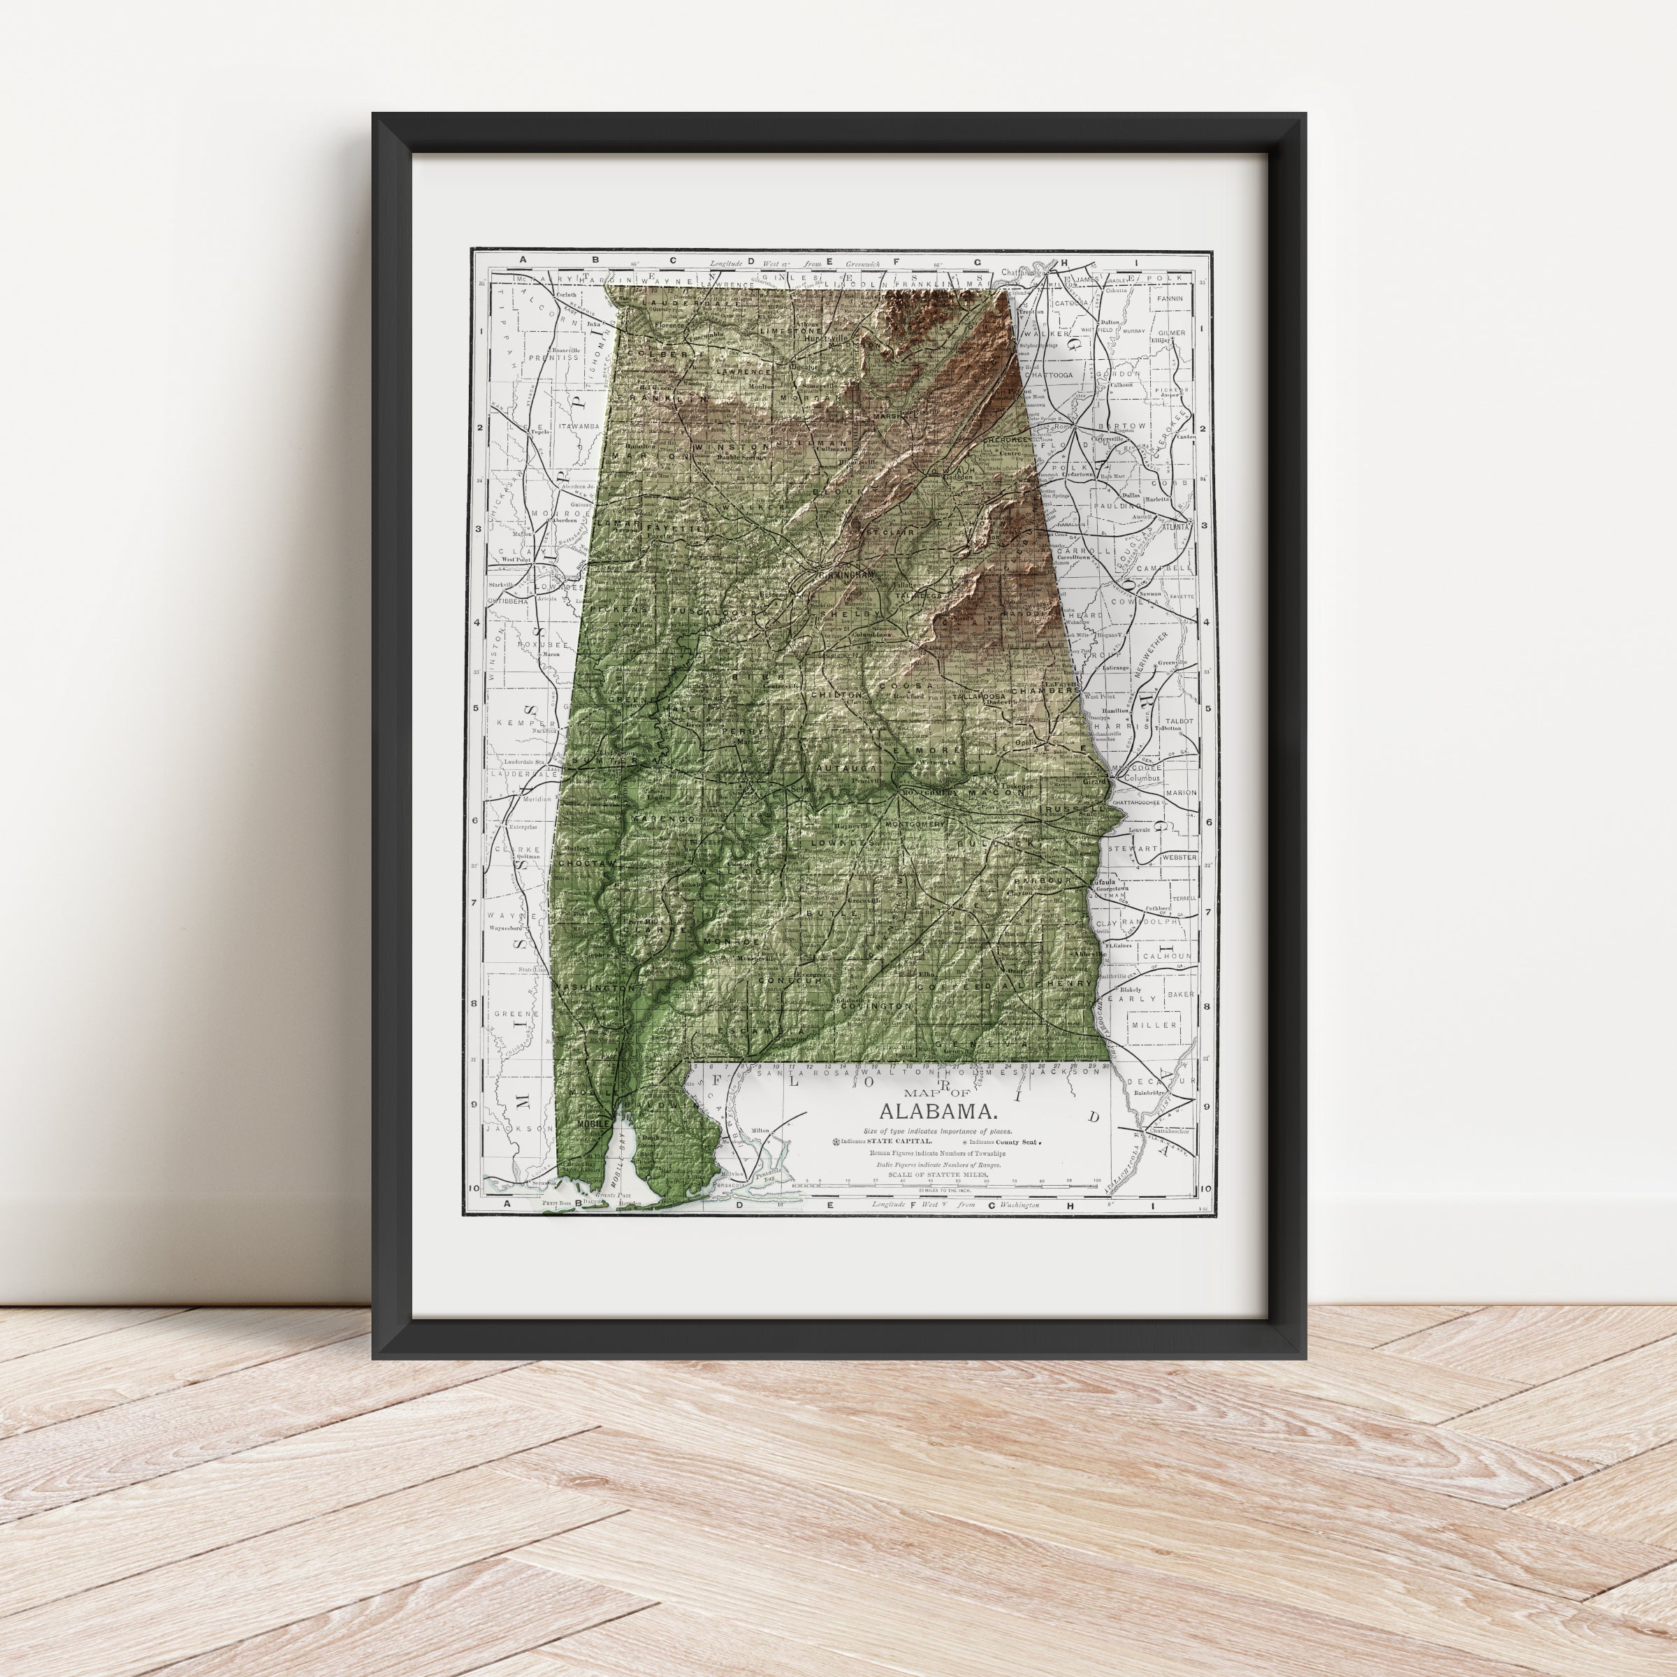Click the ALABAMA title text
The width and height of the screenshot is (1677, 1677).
pyautogui.click(x=938, y=1111)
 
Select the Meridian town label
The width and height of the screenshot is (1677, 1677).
pyautogui.click(x=535, y=799)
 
